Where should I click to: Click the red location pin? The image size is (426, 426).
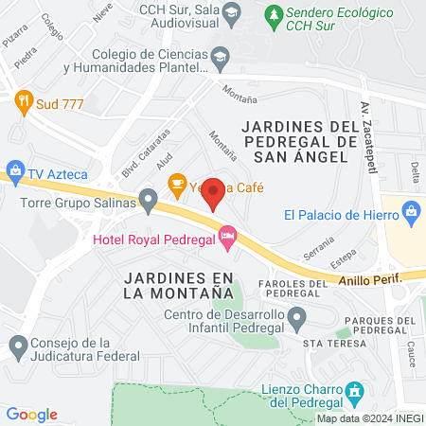click(214, 192)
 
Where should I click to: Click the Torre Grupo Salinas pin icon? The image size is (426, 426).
click(148, 200)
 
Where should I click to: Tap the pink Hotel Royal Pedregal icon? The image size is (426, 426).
click(227, 236)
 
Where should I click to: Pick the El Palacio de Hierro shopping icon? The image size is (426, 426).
click(412, 213)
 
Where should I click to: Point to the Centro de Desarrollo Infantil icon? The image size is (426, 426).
click(297, 322)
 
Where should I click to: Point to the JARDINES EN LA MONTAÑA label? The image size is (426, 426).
click(178, 285)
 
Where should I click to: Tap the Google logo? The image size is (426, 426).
click(32, 415)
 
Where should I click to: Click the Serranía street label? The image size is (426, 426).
click(318, 248)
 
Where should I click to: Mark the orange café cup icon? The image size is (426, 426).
click(176, 182)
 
